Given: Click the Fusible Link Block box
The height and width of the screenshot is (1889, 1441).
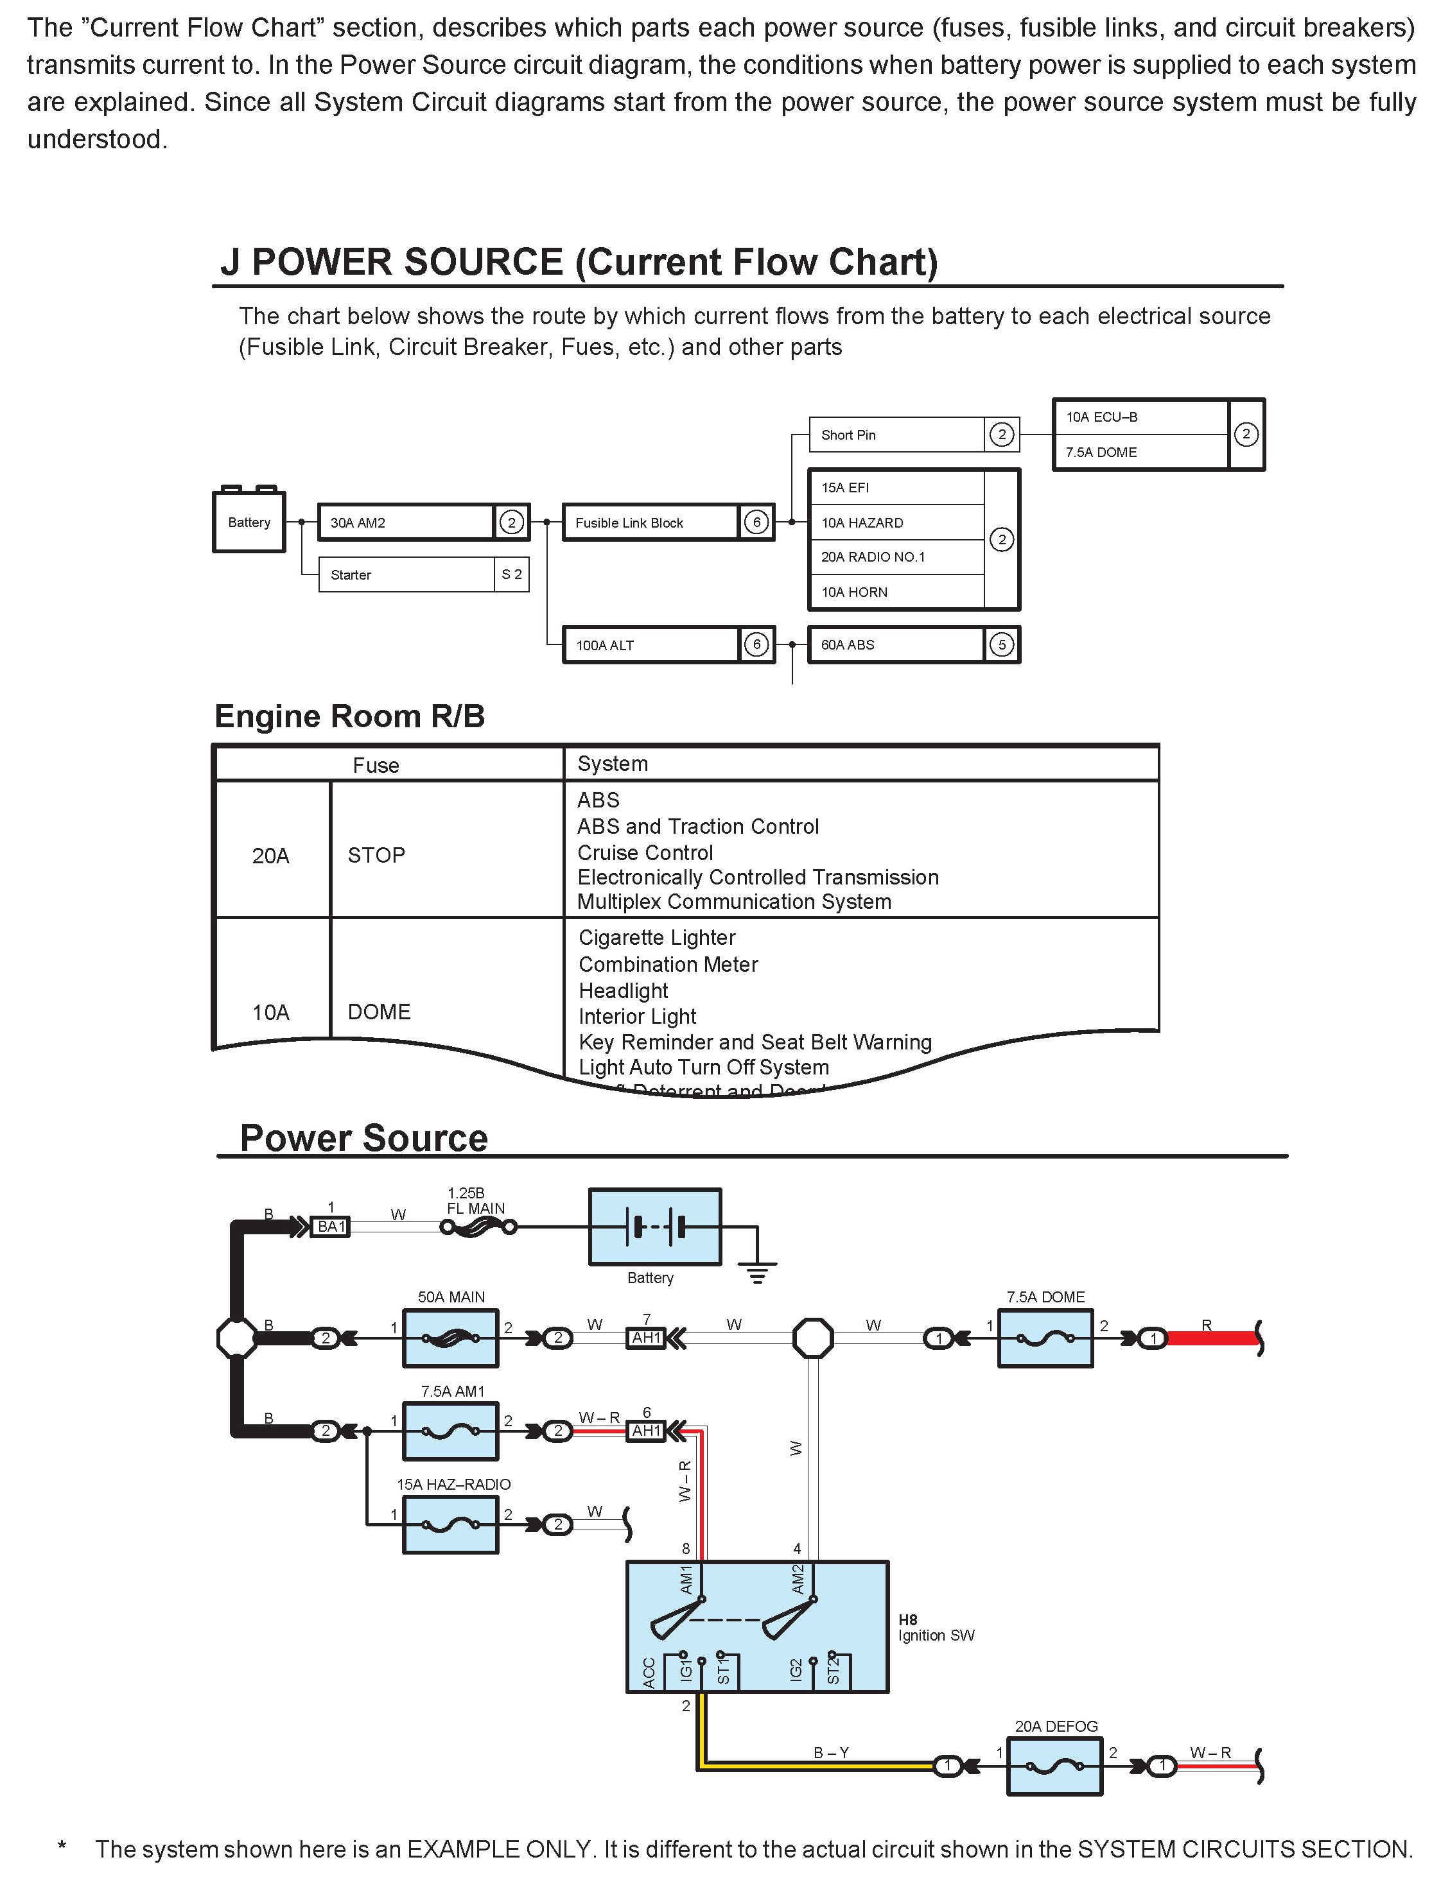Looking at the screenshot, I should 650,522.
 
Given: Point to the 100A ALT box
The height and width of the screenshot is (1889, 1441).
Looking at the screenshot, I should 650,645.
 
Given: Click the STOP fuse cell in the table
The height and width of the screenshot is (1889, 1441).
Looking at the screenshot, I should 376,855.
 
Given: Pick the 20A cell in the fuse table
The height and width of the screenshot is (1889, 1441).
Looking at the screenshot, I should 271,856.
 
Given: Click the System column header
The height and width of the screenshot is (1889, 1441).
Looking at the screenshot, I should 613,763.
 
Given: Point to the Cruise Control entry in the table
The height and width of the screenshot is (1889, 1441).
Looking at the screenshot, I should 645,852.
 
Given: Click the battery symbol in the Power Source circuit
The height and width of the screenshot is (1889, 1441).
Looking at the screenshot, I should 654,1226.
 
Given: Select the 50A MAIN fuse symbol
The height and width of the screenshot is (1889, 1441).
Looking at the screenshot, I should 450,1338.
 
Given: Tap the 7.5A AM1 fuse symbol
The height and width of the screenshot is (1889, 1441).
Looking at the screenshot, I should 450,1430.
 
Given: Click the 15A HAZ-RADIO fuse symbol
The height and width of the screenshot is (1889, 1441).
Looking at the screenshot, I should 450,1524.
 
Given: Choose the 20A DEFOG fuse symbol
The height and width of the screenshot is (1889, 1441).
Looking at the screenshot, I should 1054,1766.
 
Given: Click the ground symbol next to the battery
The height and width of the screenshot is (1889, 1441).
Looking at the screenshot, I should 756,1270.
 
